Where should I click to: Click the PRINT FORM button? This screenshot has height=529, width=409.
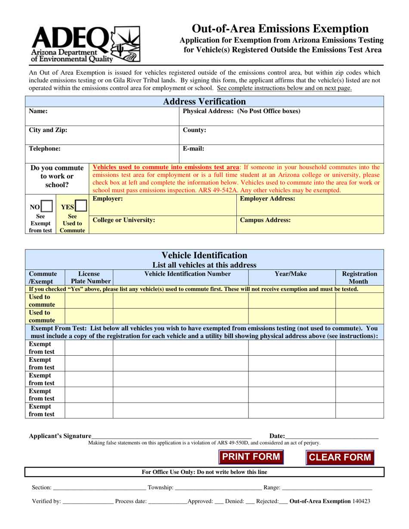(x=251, y=457)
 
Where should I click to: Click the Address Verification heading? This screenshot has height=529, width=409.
(x=204, y=101)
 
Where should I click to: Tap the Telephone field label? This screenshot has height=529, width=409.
(x=45, y=149)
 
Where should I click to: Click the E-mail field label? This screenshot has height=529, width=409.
(x=193, y=149)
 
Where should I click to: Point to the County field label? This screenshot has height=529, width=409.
(x=195, y=130)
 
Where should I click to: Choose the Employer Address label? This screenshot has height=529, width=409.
(x=267, y=199)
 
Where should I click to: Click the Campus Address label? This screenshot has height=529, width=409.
(x=265, y=220)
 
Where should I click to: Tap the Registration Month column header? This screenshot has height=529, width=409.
(x=359, y=277)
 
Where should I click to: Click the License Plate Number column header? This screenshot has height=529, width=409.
(x=89, y=277)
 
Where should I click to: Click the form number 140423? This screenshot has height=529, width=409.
(x=361, y=501)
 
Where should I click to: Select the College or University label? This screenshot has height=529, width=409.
(x=124, y=220)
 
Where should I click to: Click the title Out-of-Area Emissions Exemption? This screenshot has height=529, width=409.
(x=280, y=29)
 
